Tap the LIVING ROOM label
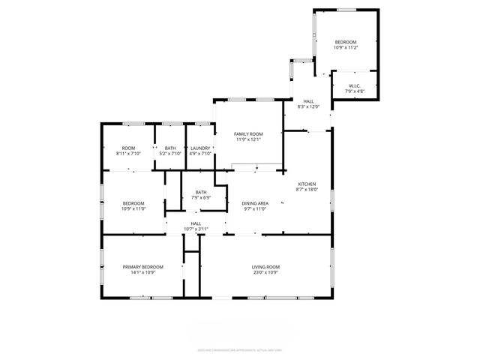[x=265, y=266]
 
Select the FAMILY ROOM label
[x=248, y=133]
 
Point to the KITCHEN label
[x=307, y=184]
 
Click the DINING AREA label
[x=255, y=203]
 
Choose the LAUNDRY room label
[x=200, y=148]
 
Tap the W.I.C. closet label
[x=353, y=85]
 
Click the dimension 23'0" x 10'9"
[x=265, y=272]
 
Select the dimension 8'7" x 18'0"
[x=307, y=190]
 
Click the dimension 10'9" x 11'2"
[x=346, y=47]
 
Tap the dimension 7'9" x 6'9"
[x=201, y=198]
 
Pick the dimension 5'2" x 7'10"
[x=170, y=154]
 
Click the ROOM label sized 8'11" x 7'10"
[x=128, y=148]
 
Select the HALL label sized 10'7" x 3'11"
[x=196, y=223]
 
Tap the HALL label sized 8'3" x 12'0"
[x=308, y=100]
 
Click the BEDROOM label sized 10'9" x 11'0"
[x=133, y=203]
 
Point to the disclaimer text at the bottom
[x=240, y=349]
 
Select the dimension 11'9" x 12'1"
[x=248, y=139]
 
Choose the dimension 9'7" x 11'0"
[x=255, y=209]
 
